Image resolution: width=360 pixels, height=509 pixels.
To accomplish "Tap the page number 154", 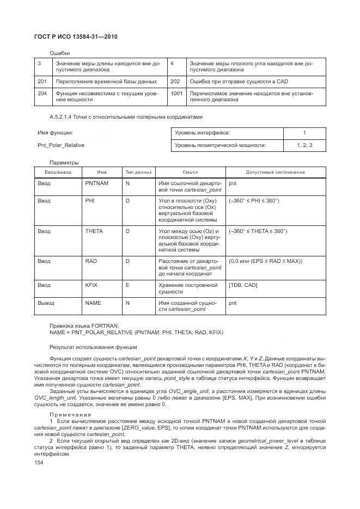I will pos(39,462).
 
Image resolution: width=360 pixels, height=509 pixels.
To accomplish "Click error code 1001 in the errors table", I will pos(176,94).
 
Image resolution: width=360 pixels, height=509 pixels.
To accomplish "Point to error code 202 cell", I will pos(175,82).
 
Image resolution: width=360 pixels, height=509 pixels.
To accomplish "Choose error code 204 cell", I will pos(42,94).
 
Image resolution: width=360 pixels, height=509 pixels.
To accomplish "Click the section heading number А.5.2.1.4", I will pos(64,116).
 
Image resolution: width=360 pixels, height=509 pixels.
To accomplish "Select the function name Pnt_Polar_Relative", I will pos(61,145).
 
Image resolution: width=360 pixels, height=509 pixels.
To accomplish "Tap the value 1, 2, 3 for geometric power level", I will pos(304,145).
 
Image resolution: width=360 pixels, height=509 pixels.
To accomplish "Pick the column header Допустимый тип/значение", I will pos(275,172).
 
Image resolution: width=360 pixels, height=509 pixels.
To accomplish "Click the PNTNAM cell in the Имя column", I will pos(97,183).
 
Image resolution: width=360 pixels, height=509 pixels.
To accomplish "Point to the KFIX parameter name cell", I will pos(91,285).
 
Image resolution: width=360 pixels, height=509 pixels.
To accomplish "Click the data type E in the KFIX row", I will pos(127,285).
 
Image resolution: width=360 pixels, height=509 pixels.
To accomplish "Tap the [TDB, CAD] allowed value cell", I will pos(243,285).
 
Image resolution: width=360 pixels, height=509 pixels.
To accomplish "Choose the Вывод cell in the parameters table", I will pos(46,302).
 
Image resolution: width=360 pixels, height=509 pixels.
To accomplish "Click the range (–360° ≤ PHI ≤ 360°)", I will pos(254,201).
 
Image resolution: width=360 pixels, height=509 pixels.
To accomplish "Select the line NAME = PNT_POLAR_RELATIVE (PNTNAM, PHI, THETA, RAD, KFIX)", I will pos(136,332).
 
